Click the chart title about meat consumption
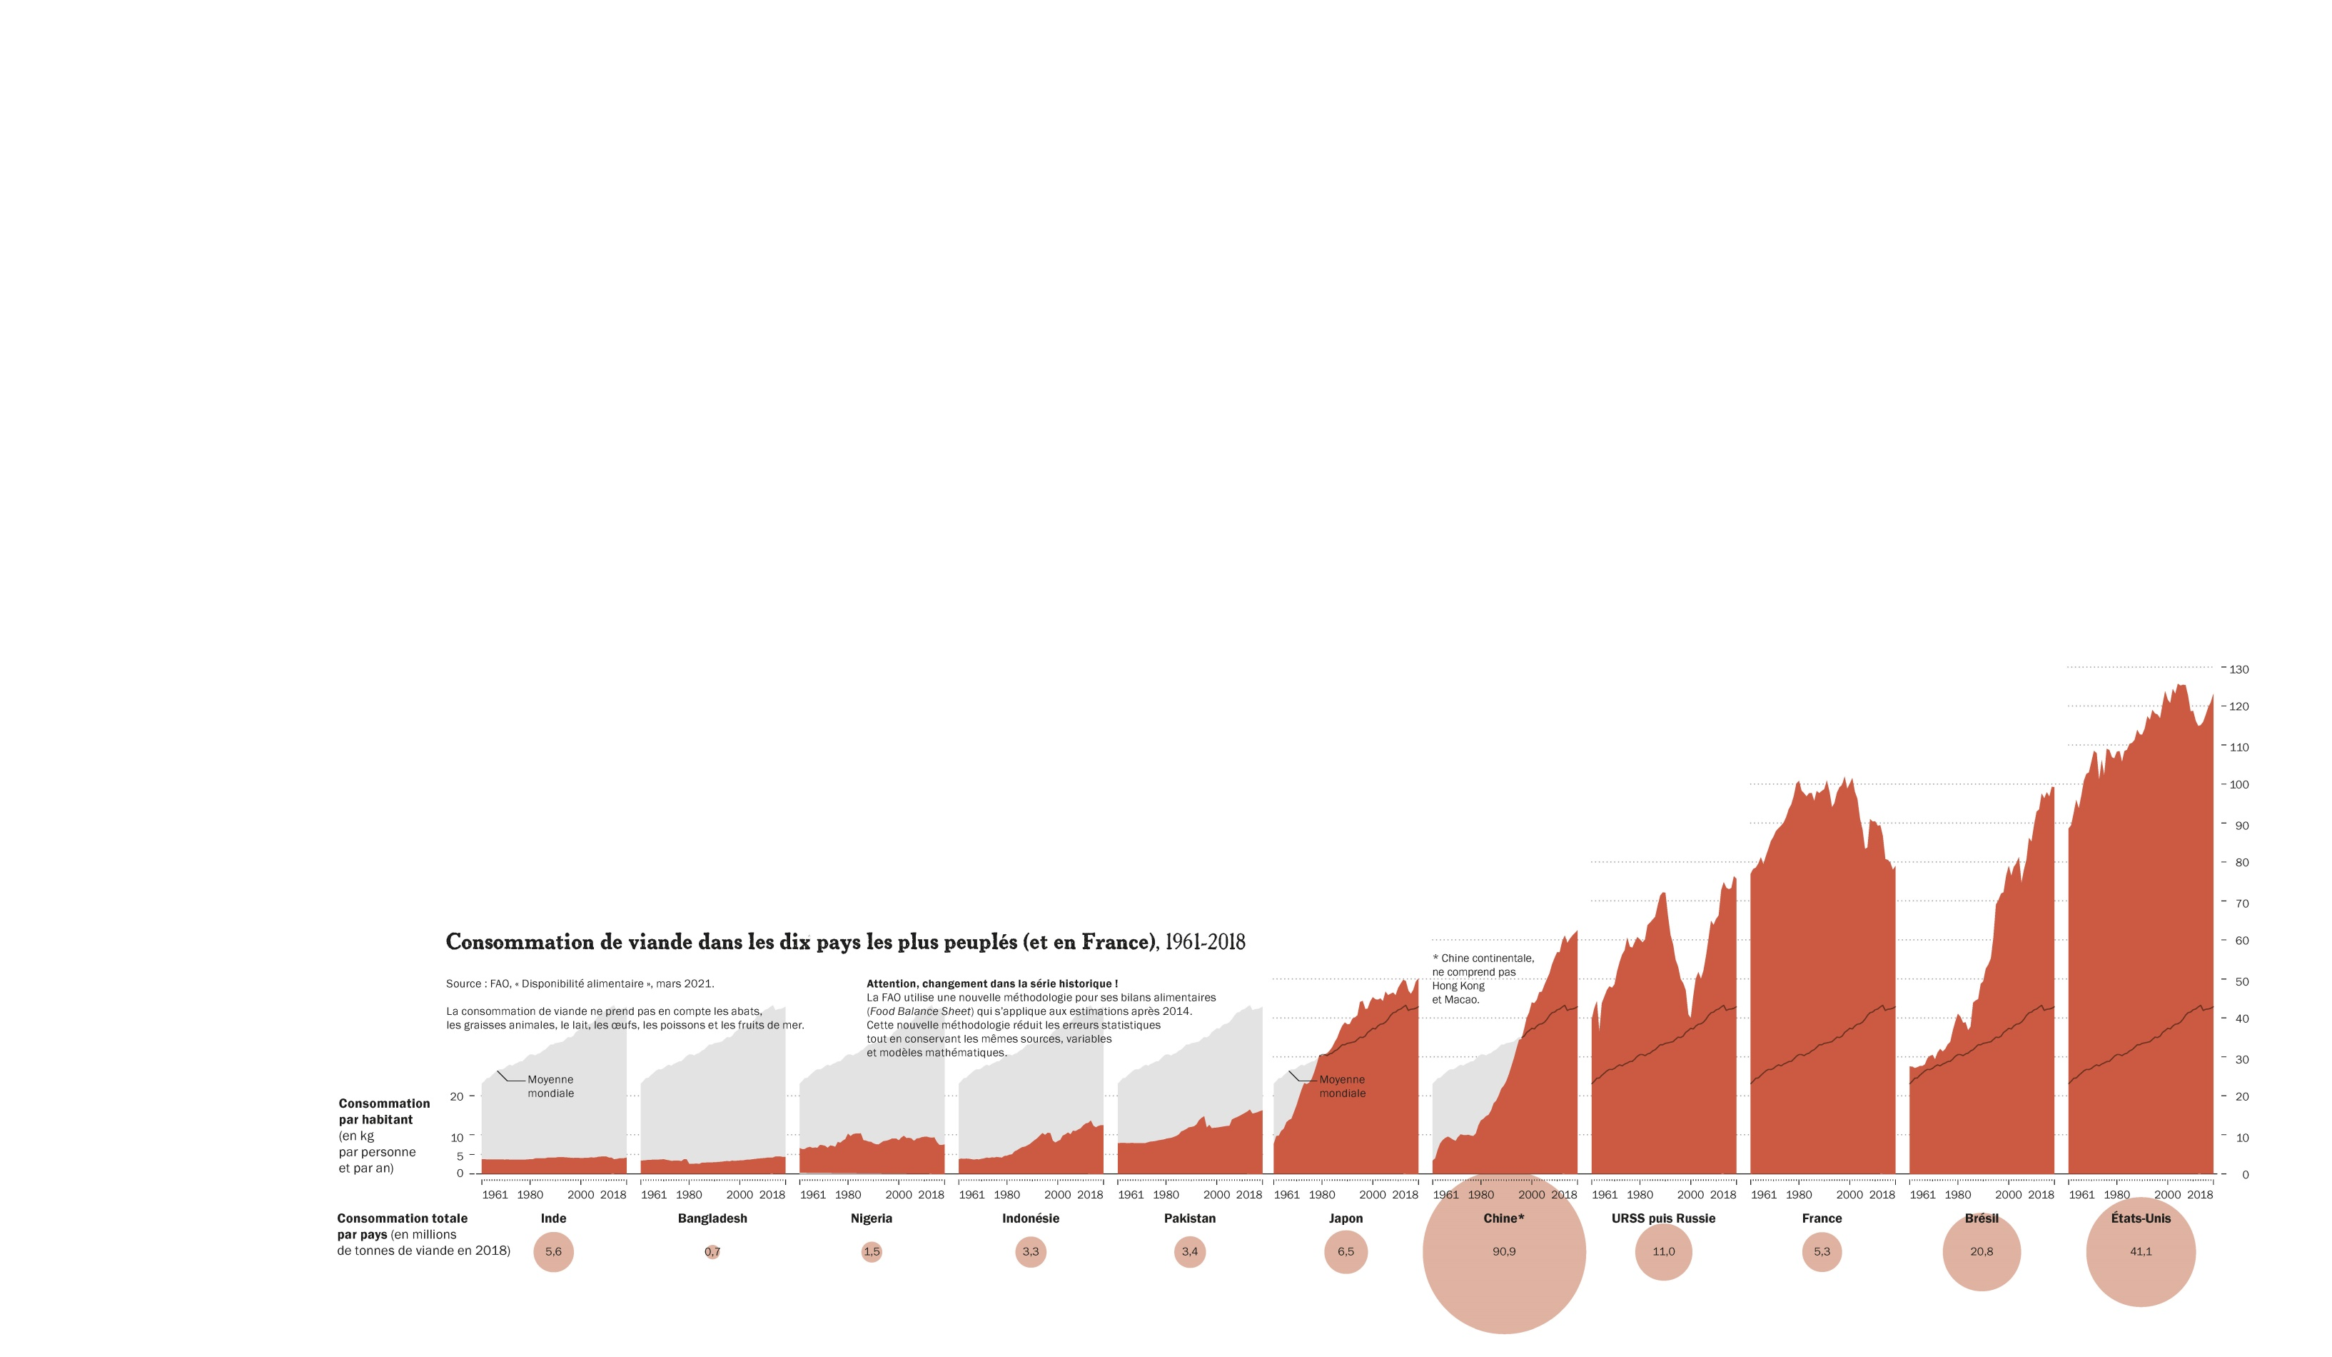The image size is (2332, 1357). pyautogui.click(x=845, y=942)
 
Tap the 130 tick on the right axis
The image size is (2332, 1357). pyautogui.click(x=2238, y=669)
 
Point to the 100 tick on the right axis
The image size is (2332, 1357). pyautogui.click(x=2238, y=785)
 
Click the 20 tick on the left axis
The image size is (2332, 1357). pyautogui.click(x=456, y=1097)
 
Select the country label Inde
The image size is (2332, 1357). pyautogui.click(x=553, y=1218)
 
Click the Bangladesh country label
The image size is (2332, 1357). pyautogui.click(x=712, y=1218)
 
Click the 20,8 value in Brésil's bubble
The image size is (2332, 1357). pyautogui.click(x=1982, y=1251)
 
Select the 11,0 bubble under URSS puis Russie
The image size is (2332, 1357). pyautogui.click(x=1663, y=1251)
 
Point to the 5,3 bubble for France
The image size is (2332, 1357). pyautogui.click(x=1821, y=1251)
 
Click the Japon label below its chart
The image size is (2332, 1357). pyautogui.click(x=1346, y=1218)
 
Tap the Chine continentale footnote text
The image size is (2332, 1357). pyautogui.click(x=1483, y=978)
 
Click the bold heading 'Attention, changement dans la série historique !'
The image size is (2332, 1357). pyautogui.click(x=992, y=984)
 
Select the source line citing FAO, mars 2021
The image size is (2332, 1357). pyautogui.click(x=580, y=984)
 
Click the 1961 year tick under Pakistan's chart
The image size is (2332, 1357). pyautogui.click(x=1131, y=1195)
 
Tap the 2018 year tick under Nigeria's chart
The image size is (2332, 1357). pyautogui.click(x=931, y=1195)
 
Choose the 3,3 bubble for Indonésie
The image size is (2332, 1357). pyautogui.click(x=1030, y=1251)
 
